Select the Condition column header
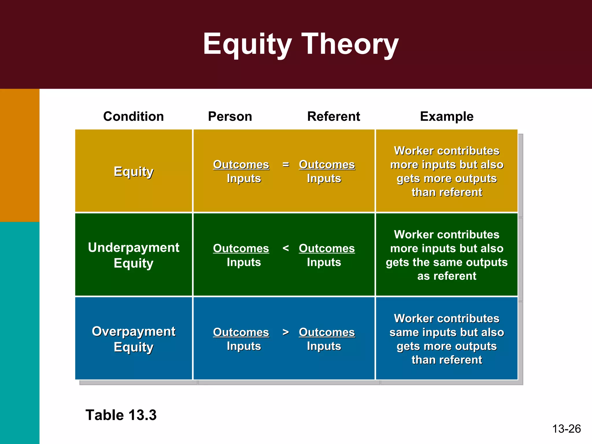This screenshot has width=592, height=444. click(x=133, y=116)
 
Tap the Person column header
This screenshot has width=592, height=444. click(x=230, y=116)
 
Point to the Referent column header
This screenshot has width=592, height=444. click(x=333, y=116)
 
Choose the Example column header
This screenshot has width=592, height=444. click(x=447, y=116)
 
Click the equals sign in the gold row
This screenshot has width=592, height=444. click(x=286, y=164)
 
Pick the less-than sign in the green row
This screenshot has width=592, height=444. click(x=286, y=248)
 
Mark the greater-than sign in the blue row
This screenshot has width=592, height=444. click(x=286, y=332)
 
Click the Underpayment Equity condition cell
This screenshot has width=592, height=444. click(x=133, y=255)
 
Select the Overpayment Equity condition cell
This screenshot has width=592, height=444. click(x=133, y=339)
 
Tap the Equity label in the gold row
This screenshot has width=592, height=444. click(x=133, y=171)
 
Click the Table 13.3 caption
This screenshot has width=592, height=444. click(x=121, y=415)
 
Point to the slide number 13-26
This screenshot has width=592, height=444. click(x=566, y=429)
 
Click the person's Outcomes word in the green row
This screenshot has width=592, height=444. click(x=241, y=248)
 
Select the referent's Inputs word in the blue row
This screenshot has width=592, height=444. click(x=324, y=346)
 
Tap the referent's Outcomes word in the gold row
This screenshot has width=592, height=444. click(x=327, y=164)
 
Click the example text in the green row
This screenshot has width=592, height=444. click(x=447, y=255)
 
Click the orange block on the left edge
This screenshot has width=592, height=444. click(x=20, y=155)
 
